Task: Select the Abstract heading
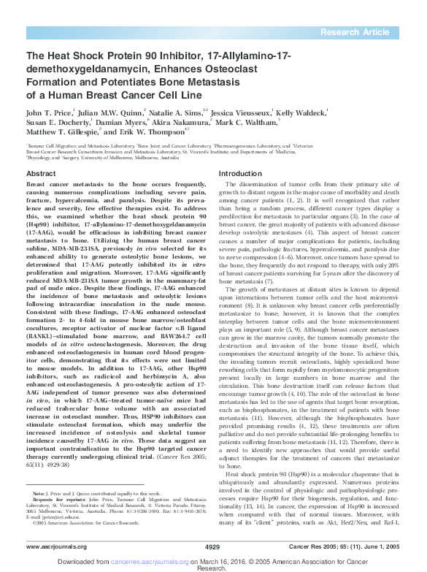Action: (x=42, y=173)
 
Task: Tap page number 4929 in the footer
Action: (x=212, y=546)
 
